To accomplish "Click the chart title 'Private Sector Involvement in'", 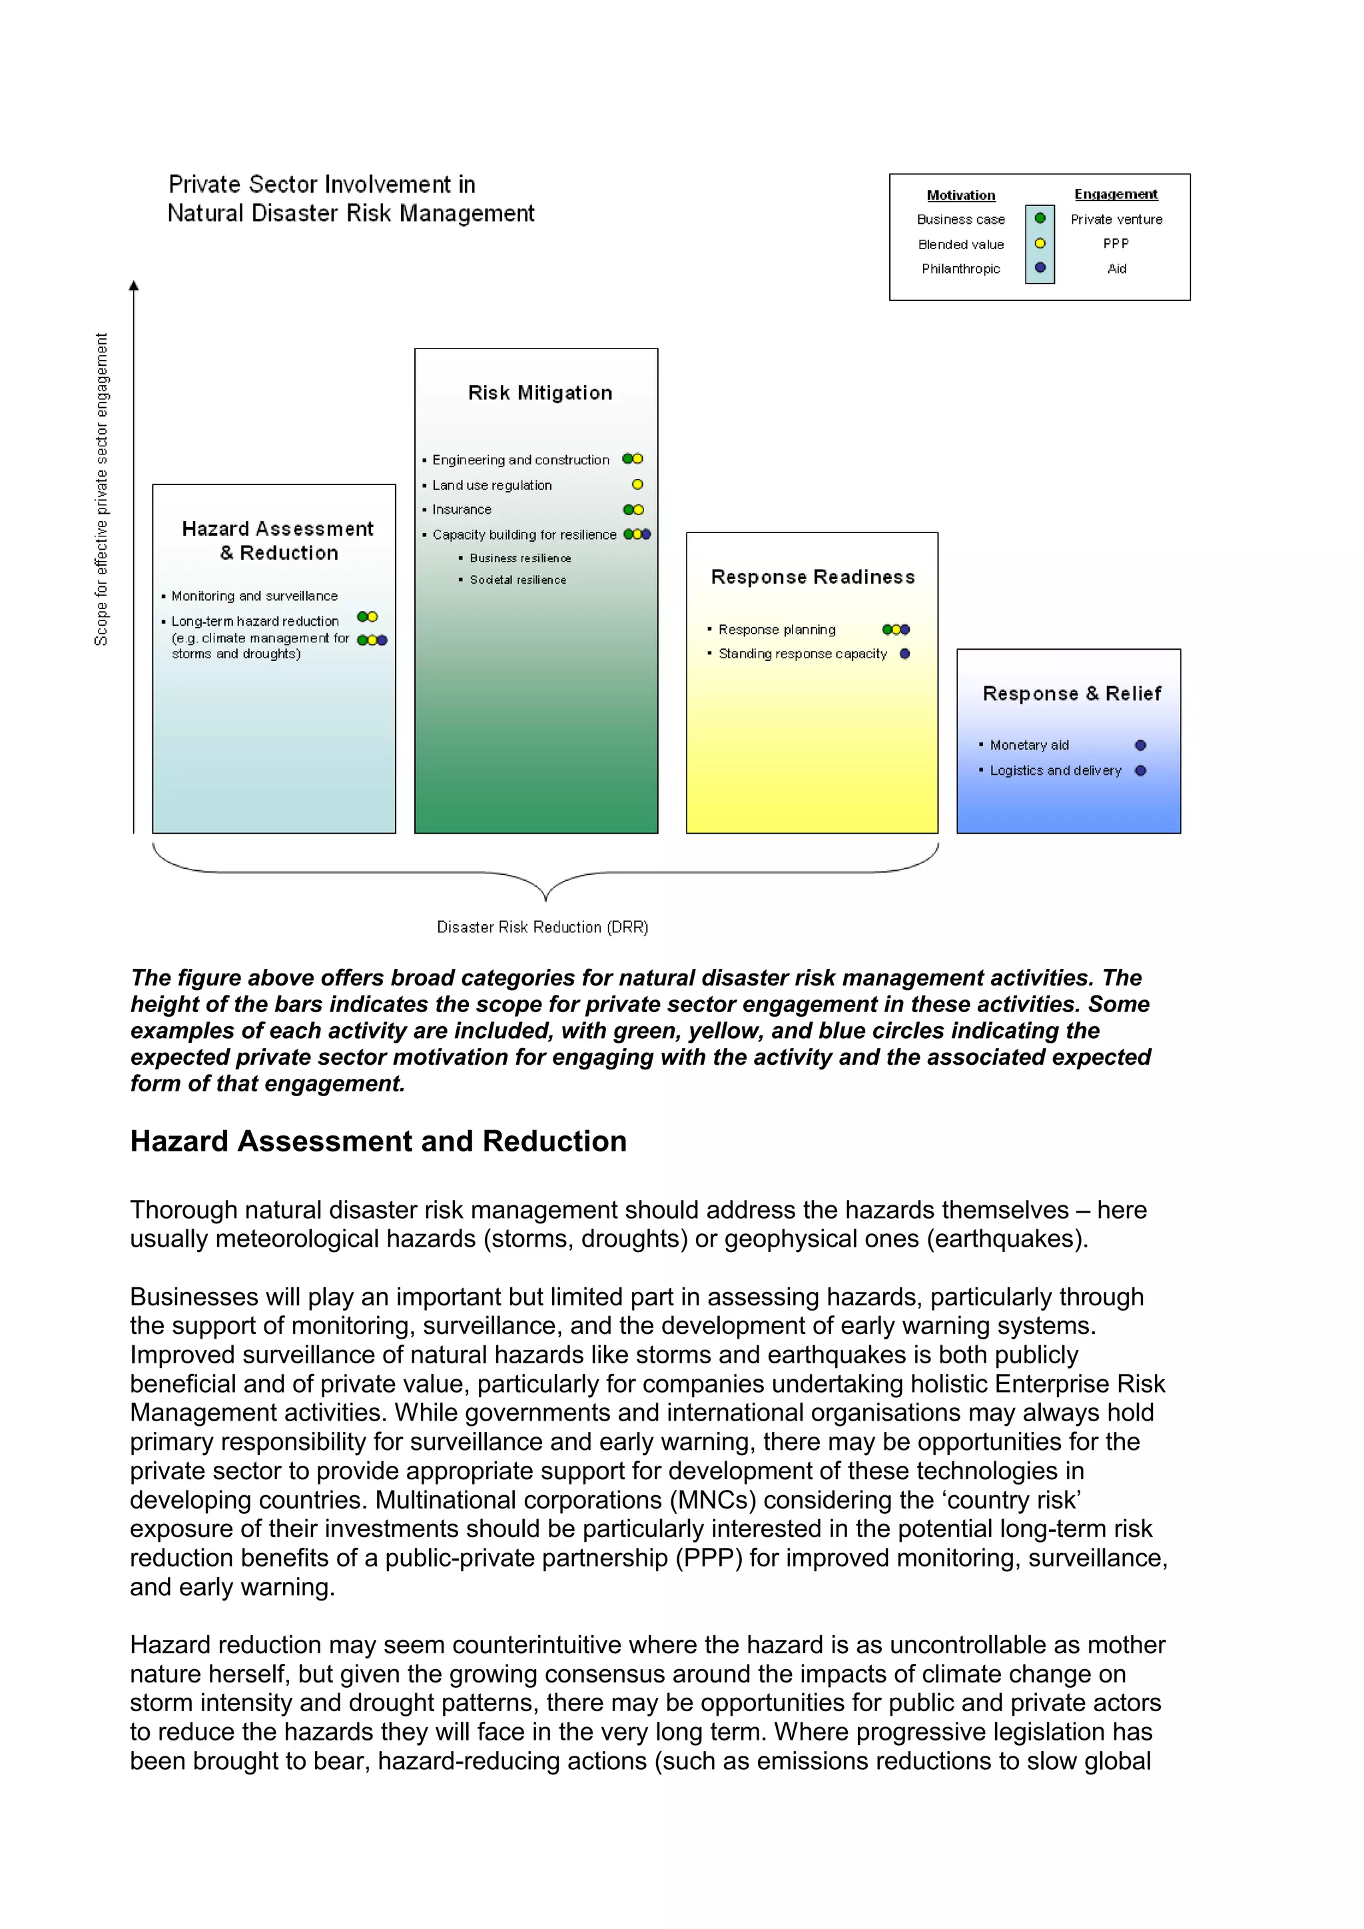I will click(x=322, y=184).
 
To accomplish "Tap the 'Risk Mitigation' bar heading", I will click(x=540, y=393).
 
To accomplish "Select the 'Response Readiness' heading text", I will click(x=812, y=577).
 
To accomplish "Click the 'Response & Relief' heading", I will click(x=1072, y=694).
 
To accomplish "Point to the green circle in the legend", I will click(x=1040, y=219).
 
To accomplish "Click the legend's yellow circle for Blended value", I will click(x=1040, y=244).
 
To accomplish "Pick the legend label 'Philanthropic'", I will click(x=961, y=269).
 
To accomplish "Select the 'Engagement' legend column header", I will click(x=1116, y=194).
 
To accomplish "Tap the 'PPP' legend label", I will click(x=1116, y=244).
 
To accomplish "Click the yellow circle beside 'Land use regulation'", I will click(x=637, y=485).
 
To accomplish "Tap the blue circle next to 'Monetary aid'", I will click(x=1140, y=745).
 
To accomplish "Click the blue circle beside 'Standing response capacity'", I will click(x=904, y=654).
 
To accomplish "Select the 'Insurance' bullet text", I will click(x=462, y=510).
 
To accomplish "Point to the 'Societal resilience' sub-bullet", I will click(x=517, y=580).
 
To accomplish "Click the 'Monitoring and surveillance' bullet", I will click(x=254, y=596).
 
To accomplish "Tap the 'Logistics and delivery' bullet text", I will click(x=1055, y=770).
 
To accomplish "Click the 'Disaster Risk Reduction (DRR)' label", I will click(x=543, y=927).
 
